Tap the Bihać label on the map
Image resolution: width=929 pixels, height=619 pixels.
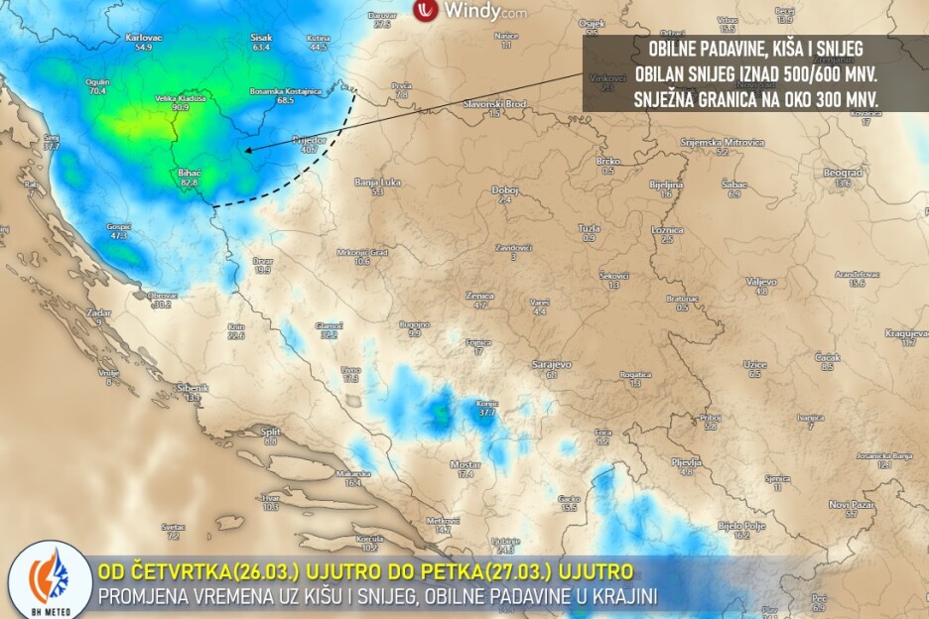pos(189,172)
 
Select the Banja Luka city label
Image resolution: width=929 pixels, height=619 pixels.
pos(377,182)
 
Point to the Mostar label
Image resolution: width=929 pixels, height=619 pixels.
pos(464,463)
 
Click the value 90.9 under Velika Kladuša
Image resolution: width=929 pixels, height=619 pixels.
pos(180,108)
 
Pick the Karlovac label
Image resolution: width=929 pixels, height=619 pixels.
pos(144,37)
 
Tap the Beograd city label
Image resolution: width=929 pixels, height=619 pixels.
pos(843,172)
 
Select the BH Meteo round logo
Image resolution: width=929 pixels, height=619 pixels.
pos(50,583)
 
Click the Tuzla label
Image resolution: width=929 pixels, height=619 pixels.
pos(589,228)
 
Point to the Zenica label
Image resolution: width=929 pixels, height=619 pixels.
pos(480,296)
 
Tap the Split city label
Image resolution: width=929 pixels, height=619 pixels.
pos(270,432)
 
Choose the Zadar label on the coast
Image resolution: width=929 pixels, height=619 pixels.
pos(98,312)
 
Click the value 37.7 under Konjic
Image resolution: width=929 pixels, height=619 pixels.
pos(486,412)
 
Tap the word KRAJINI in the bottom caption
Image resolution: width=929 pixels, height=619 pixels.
pos(622,595)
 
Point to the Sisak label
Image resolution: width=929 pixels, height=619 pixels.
pos(261,37)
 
